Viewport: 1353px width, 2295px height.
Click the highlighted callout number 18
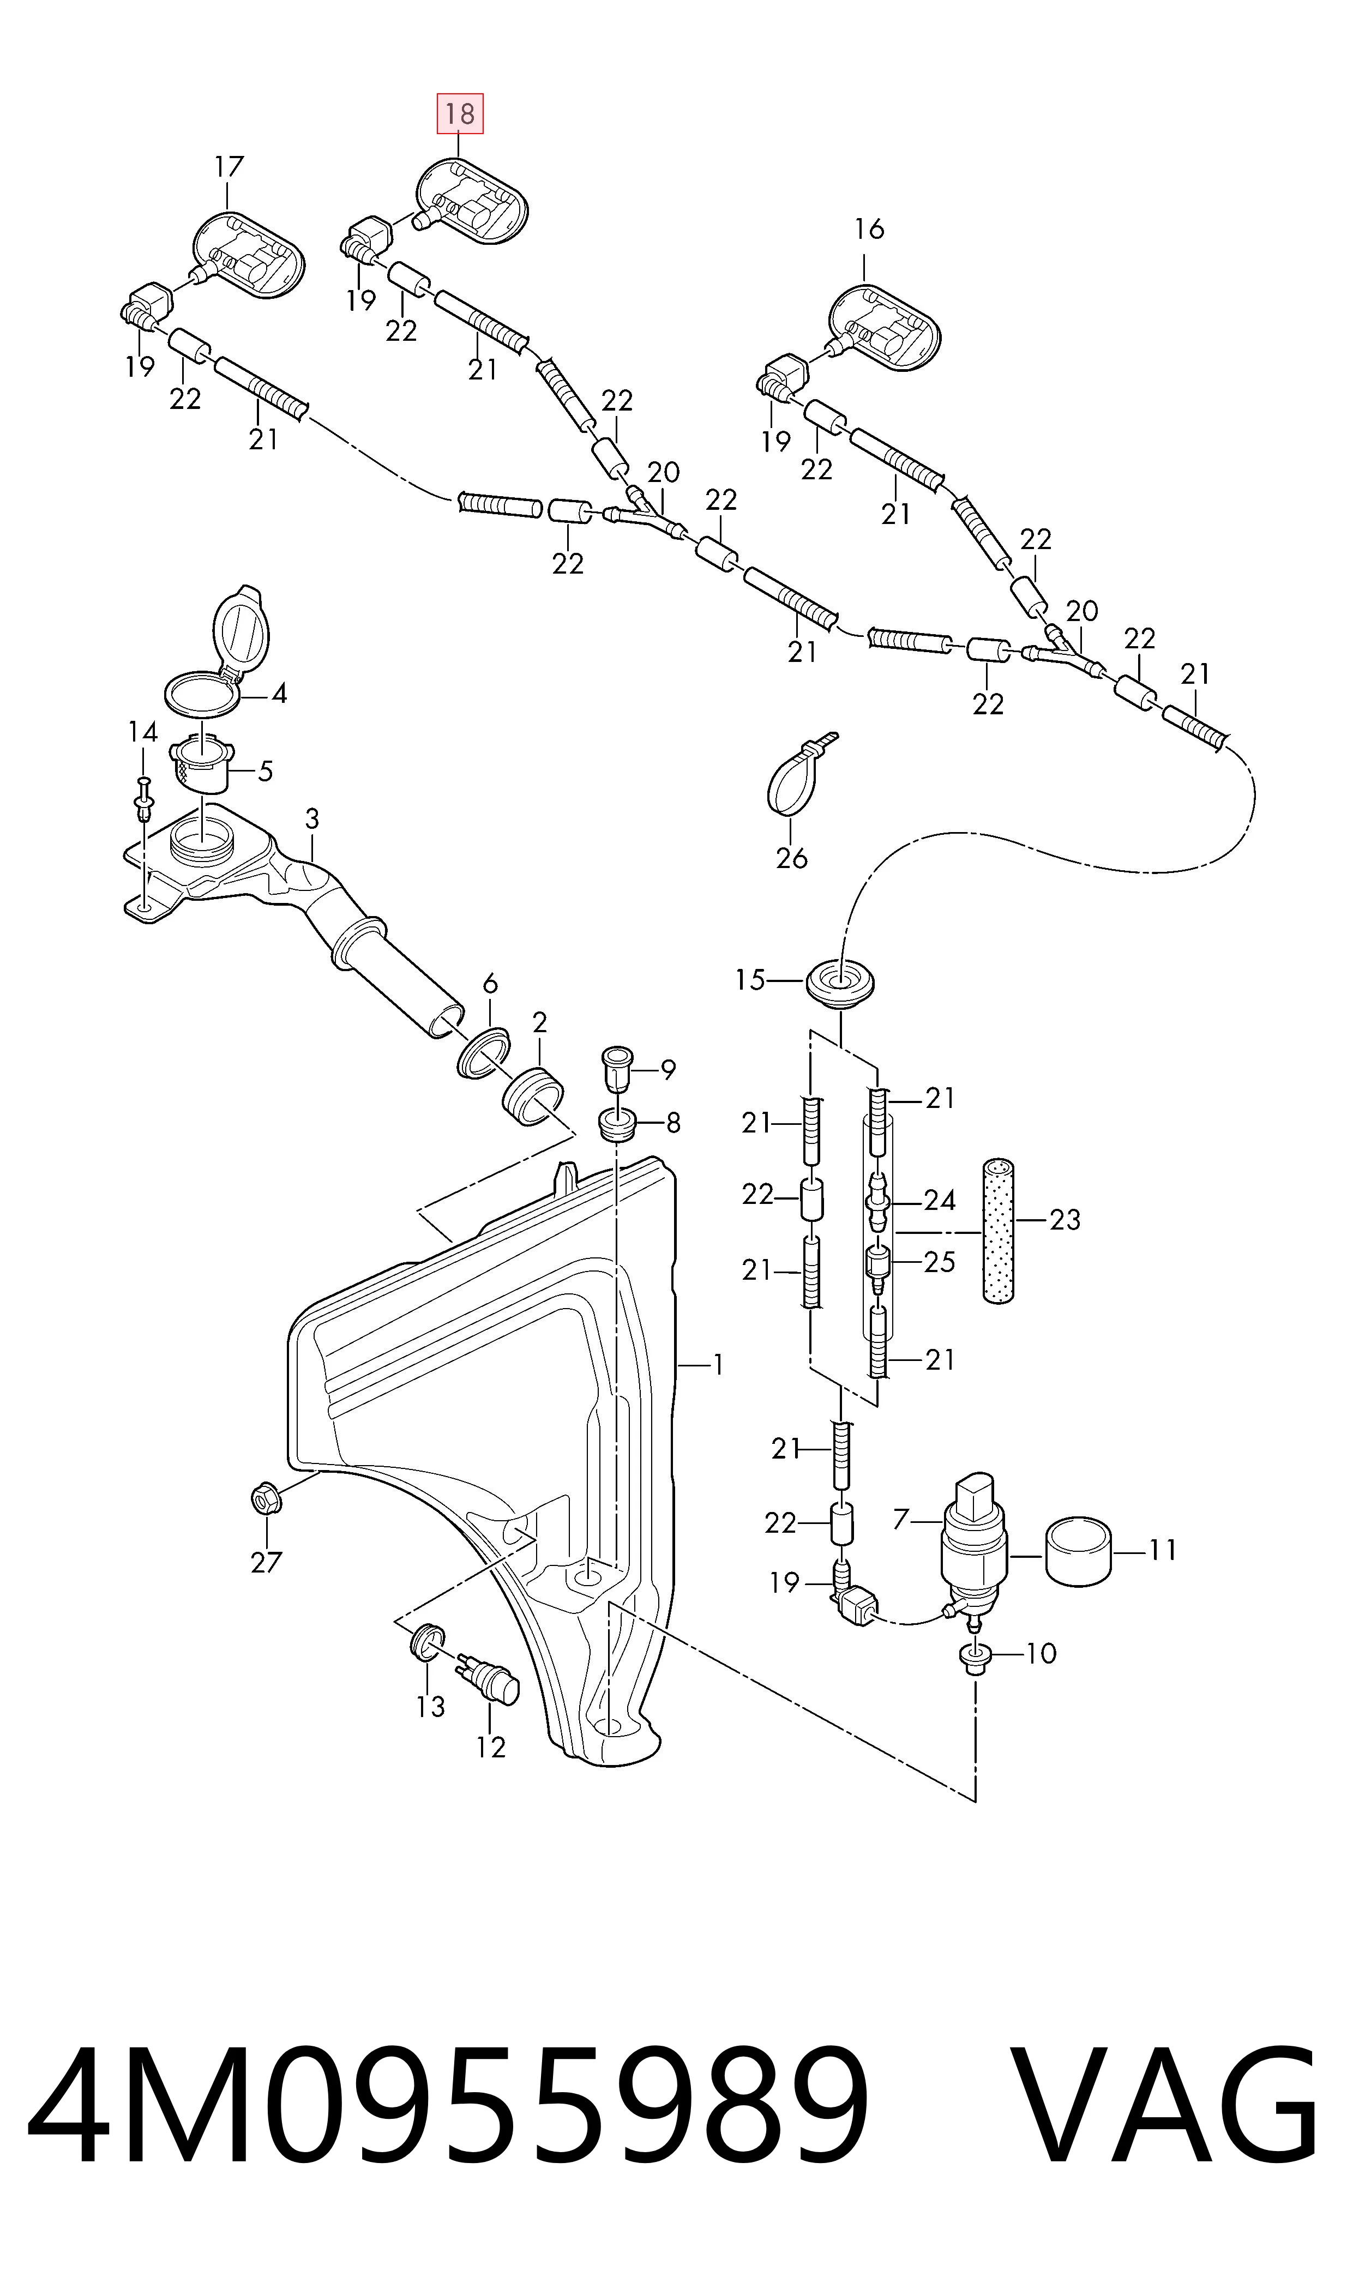(x=460, y=114)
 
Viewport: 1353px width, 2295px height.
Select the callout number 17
(x=230, y=167)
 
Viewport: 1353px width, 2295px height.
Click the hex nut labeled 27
(x=266, y=1497)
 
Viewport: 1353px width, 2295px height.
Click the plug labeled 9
(x=617, y=1069)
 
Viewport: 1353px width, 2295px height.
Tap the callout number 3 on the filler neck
(x=312, y=818)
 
